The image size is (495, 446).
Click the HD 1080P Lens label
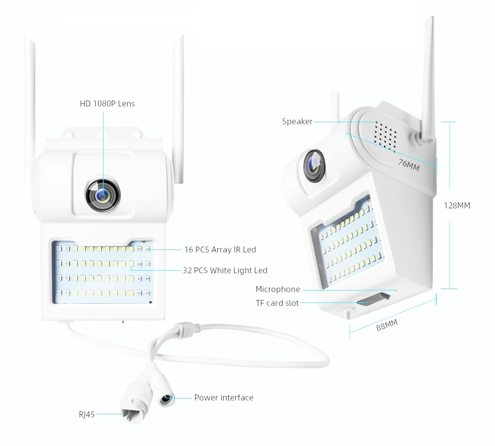pyautogui.click(x=107, y=103)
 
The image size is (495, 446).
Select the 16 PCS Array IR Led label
pyautogui.click(x=220, y=249)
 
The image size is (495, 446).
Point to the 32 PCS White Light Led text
pyautogui.click(x=225, y=270)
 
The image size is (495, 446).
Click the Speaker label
pyautogui.click(x=297, y=121)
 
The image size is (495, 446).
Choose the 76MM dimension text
pyautogui.click(x=408, y=164)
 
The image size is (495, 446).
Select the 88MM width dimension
pyautogui.click(x=387, y=326)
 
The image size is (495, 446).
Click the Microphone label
pyautogui.click(x=278, y=289)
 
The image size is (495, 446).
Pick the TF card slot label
pyautogui.click(x=277, y=303)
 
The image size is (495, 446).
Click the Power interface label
pyautogui.click(x=223, y=397)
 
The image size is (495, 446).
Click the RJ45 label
pyautogui.click(x=87, y=414)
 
